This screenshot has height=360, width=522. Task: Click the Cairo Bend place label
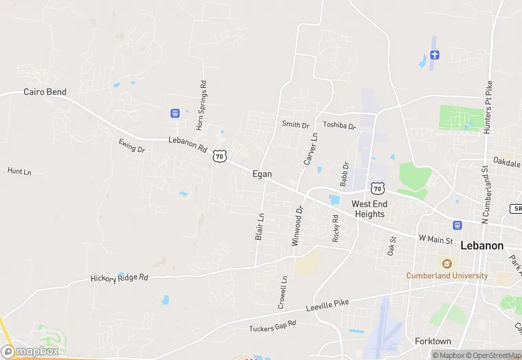pos(45,91)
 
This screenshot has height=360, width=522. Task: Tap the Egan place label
pos(262,175)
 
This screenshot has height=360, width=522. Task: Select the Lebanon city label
pos(481,245)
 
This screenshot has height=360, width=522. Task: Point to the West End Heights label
pos(370,209)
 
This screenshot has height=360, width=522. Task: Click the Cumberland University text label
pos(446,275)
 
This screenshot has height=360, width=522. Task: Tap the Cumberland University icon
pos(447,264)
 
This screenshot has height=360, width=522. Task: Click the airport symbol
pos(434,54)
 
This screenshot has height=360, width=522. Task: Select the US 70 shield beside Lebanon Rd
pos(219,156)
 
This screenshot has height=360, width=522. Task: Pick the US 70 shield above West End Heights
pos(377,188)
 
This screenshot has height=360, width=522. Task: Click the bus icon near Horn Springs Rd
pos(175,113)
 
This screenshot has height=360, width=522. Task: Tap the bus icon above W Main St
pos(457,225)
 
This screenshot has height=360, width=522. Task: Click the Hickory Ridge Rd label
pos(120,278)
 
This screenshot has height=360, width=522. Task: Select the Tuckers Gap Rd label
pos(273,326)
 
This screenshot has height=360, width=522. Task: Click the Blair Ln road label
pos(260,226)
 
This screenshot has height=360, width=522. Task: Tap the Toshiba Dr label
pos(339,126)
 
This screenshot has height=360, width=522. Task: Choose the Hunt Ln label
pos(19,171)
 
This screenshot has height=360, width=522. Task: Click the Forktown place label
pos(433,341)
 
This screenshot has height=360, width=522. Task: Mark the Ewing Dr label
pos(132,146)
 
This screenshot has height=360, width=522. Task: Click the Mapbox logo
pos(30,351)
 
